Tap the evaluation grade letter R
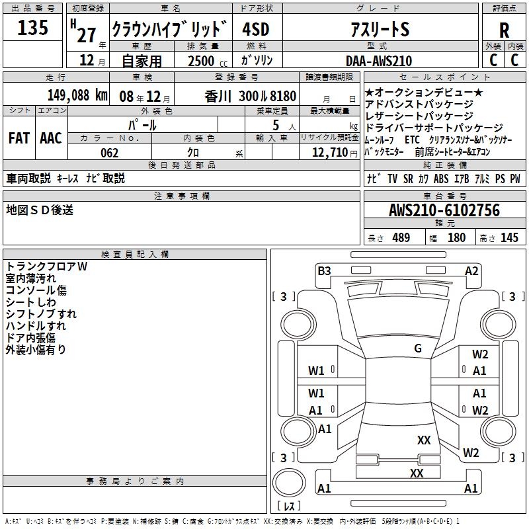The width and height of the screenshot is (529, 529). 504,30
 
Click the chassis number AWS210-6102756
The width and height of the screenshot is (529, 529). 444,210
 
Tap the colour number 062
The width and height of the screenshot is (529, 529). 110,153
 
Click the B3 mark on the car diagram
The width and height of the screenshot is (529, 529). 324,270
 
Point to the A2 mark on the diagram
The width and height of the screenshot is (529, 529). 471,270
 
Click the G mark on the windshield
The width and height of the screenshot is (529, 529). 418,348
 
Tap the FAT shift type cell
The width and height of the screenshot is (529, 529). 19,138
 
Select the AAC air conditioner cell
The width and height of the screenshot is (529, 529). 51,138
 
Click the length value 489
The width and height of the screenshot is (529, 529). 401,238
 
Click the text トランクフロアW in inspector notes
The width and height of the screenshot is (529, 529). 46,266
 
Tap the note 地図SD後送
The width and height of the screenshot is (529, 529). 40,210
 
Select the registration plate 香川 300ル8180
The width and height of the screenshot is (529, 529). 251,95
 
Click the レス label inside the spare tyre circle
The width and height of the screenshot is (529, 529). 289,507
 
